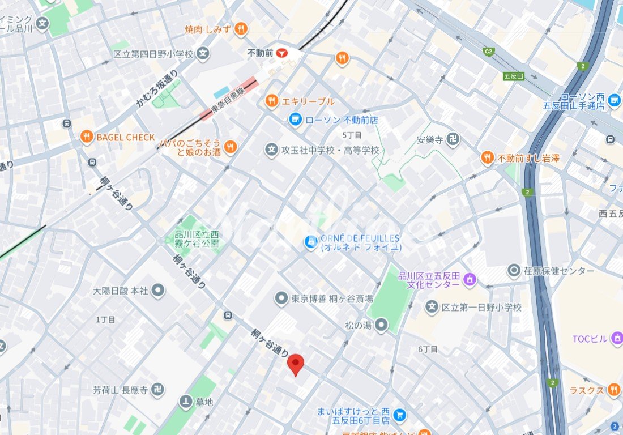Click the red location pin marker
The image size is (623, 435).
(295, 364)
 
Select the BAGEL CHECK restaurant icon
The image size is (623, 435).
(86, 137)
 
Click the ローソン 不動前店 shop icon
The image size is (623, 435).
(295, 120)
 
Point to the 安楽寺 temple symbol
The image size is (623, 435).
(453, 139)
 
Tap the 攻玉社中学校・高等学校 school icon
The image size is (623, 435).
(272, 150)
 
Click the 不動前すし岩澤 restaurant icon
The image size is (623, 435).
(487, 158)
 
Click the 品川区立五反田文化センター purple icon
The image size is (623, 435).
(470, 279)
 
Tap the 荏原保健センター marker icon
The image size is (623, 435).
(514, 271)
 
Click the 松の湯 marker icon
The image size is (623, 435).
(382, 325)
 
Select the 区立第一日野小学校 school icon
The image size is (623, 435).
(432, 307)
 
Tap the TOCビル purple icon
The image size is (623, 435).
(616, 339)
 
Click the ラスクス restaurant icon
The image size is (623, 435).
(614, 390)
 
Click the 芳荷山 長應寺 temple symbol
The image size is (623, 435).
(160, 390)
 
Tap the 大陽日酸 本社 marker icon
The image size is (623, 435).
(158, 291)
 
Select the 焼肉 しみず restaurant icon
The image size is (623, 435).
(241, 29)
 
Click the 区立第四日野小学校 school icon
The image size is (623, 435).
(203, 54)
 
